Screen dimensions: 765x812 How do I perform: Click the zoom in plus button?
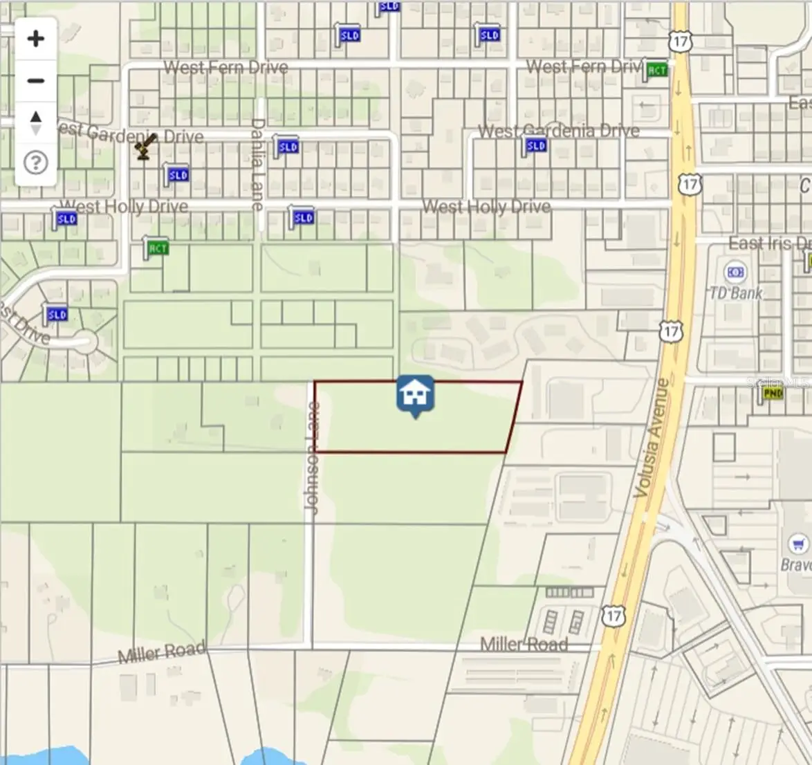pos(36,39)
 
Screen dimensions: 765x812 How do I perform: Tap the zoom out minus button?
pos(36,81)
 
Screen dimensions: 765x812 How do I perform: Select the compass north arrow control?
pos(36,122)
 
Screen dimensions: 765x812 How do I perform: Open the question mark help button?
pos(36,163)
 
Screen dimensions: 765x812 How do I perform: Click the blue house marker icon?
pos(415,394)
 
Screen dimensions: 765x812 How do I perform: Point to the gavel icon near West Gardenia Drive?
pos(145,146)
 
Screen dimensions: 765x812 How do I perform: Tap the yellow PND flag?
pos(772,394)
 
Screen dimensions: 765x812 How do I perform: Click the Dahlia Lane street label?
pos(257,165)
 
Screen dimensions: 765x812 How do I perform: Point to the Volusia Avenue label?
pos(652,437)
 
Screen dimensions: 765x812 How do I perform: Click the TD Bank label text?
pos(735,293)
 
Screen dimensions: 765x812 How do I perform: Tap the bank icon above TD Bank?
pos(735,273)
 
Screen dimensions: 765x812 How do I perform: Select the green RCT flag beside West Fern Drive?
pos(656,70)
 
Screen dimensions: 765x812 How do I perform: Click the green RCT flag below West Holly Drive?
pos(157,248)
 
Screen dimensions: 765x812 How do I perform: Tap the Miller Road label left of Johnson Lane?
pos(162,652)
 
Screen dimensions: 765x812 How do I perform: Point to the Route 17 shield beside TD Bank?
pos(670,332)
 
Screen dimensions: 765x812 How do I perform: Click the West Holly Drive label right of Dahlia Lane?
pos(486,207)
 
